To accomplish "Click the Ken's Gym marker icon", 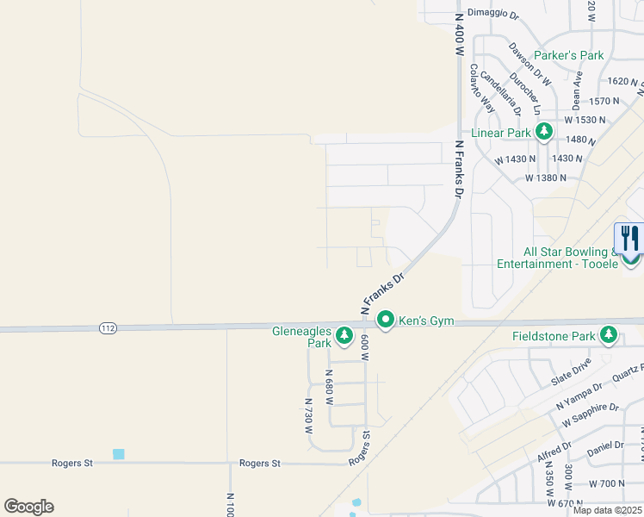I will point(387,321).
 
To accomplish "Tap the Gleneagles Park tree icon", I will point(344,334).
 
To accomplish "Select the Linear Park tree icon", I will point(543,132).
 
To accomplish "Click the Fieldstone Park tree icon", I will point(610,334).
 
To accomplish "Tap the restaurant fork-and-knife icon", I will point(630,239).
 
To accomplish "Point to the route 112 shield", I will point(108,328).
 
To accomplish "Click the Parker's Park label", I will point(568,55).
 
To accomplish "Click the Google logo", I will point(28,507).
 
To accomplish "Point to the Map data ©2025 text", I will point(606,509).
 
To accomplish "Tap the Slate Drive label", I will point(571,372).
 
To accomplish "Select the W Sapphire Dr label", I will point(590,414).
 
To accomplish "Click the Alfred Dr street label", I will point(554,452).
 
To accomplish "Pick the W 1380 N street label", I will point(546,178).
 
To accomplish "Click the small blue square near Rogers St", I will point(118,454).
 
